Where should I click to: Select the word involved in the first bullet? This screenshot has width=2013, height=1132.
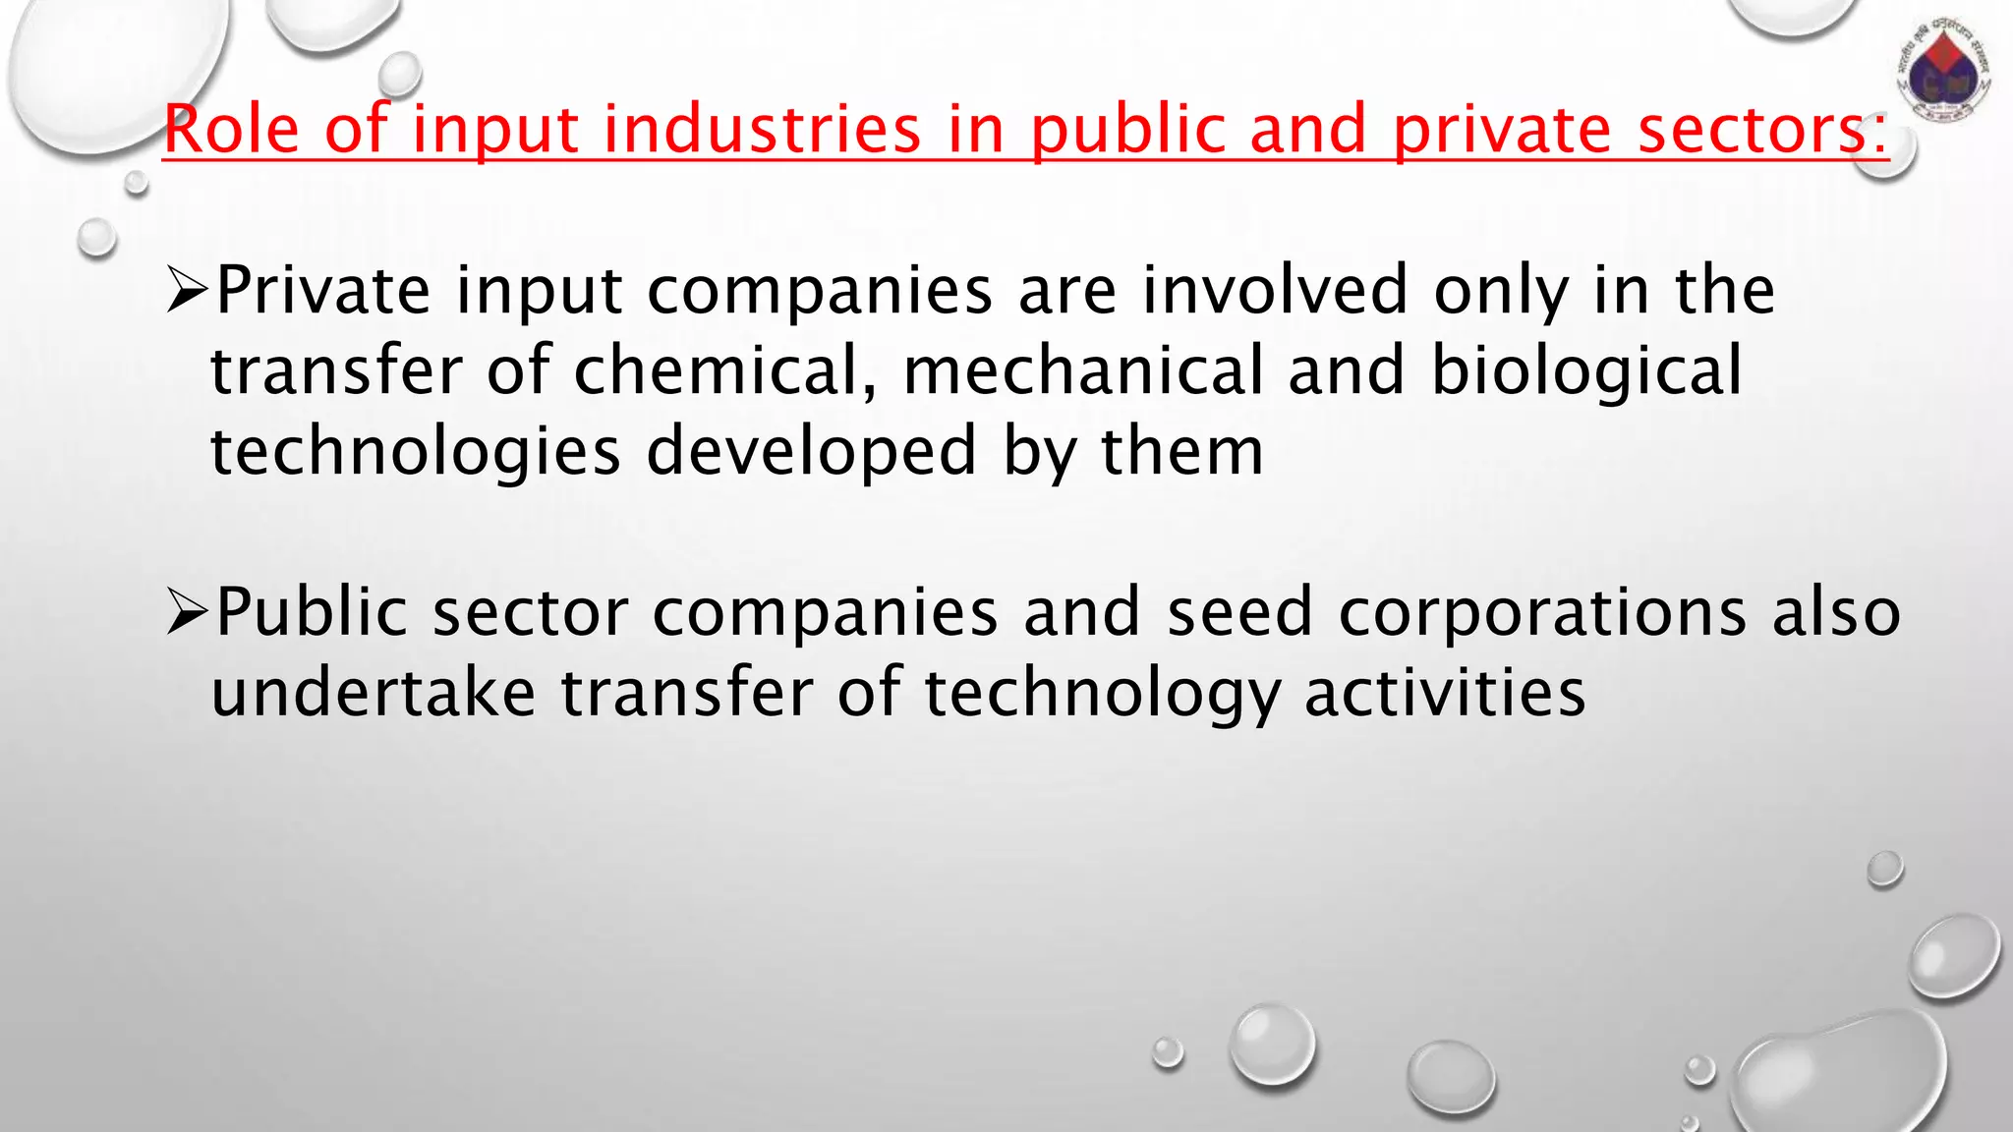pos(1274,291)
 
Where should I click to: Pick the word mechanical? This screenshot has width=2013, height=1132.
pos(1082,371)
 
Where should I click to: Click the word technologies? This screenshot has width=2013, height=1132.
pos(416,452)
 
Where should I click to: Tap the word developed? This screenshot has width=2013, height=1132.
pos(811,452)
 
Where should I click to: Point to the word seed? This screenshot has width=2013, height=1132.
pos(1239,612)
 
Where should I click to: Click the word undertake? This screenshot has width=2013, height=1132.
pos(374,693)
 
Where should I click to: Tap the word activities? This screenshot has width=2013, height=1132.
pos(1445,693)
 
